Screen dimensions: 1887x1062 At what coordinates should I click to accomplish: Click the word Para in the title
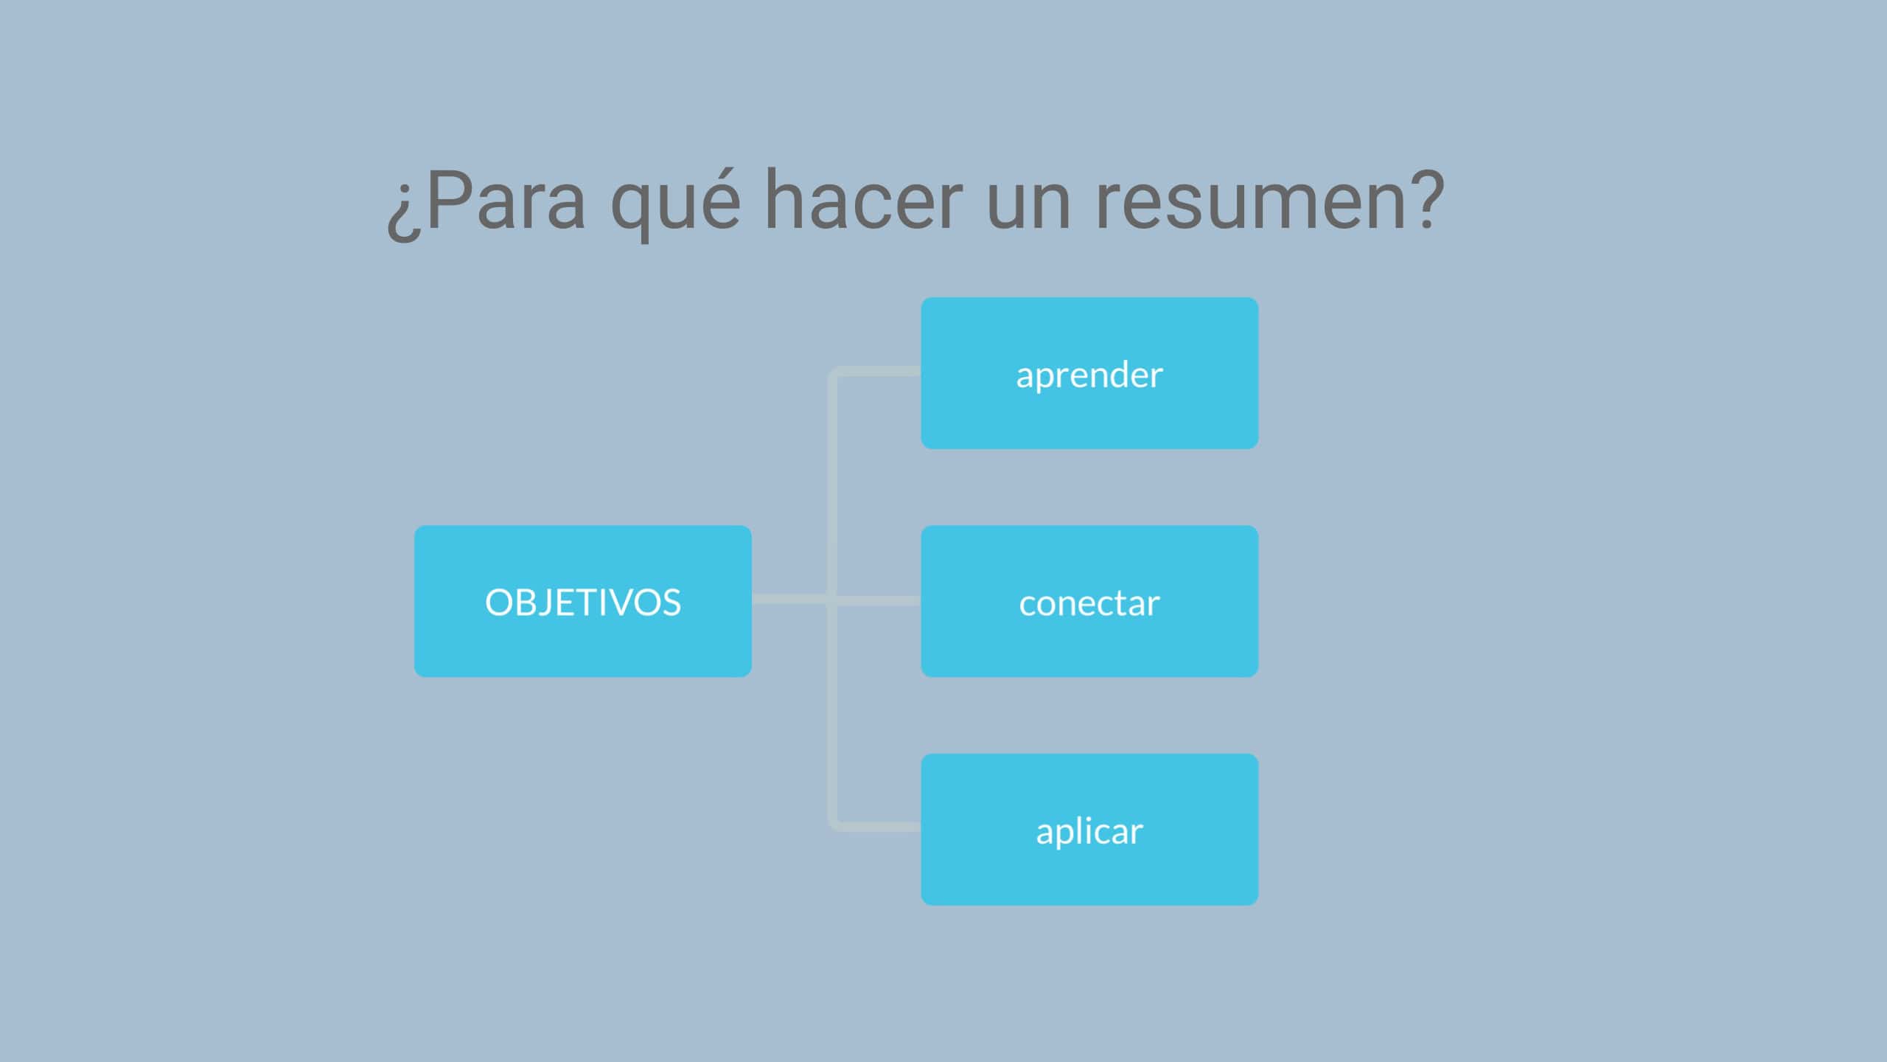[x=506, y=200]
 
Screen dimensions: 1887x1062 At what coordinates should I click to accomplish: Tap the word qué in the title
[x=675, y=204]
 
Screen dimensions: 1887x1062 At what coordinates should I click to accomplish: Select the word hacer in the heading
[x=863, y=198]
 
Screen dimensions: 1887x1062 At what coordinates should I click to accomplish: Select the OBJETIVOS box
[x=583, y=601]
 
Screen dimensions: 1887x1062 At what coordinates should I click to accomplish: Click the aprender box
[x=1089, y=373]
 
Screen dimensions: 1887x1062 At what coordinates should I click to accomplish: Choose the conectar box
[x=1089, y=601]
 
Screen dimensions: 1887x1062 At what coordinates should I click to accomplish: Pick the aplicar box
[x=1089, y=830]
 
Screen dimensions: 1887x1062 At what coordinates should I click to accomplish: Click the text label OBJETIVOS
[x=583, y=602]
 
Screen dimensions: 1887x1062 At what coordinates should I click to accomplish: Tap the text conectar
[x=1089, y=604]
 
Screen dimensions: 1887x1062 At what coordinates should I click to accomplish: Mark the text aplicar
[x=1089, y=832]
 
